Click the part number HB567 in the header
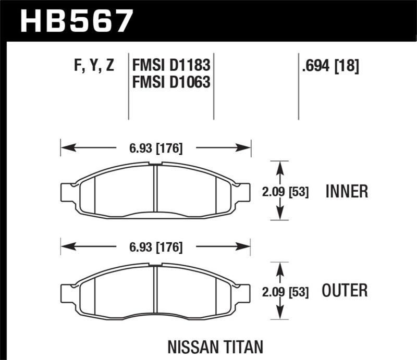76,21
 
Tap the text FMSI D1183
171,66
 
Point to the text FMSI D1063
171,82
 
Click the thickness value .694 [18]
330,66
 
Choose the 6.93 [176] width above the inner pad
156,148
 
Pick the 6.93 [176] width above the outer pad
156,247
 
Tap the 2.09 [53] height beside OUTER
285,292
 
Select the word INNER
347,192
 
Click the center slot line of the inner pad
155,191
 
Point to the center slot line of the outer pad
155,291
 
